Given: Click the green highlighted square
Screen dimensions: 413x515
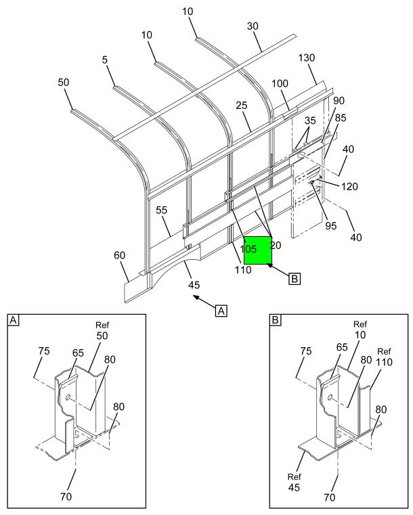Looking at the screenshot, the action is pos(257,250).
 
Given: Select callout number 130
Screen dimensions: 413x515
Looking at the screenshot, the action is pos(306,58).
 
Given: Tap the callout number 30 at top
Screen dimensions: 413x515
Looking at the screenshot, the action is pos(253,26).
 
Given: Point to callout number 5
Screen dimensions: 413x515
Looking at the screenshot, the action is pos(105,60).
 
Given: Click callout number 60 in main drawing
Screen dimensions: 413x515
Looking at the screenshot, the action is pos(120,255).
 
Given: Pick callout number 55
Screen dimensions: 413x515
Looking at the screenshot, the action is pos(161,210).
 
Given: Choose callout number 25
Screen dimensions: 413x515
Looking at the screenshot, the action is pos(241,106).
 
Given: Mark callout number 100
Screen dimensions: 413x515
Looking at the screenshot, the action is pos(280,83).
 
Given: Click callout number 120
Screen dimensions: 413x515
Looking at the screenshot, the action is pos(349,187).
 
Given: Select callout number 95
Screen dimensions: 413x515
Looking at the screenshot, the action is pos(331,225).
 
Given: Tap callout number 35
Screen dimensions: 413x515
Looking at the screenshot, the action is pos(310,120).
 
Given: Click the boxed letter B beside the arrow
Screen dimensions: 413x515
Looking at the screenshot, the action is pos(295,279).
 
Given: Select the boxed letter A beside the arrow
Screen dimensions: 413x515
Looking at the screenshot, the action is pos(221,310).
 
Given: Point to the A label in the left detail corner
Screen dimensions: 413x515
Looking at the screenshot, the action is pos(13,319).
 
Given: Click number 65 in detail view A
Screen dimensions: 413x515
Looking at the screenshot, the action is pos(78,353).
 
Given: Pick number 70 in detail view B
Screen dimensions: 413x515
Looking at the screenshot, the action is pos(330,497).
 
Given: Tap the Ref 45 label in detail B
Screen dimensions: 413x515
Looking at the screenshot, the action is pos(294,482).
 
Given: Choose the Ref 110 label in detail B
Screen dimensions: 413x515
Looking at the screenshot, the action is pos(384,357).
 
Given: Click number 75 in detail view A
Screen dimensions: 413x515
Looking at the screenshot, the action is pos(44,351).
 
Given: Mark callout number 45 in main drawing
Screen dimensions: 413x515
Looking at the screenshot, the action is pos(194,285).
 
